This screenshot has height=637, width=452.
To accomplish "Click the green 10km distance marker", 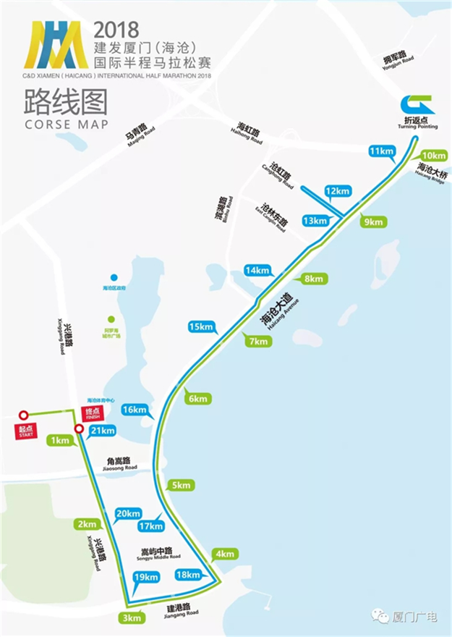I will click(x=433, y=156).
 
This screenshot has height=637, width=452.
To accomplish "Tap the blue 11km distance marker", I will click(x=381, y=151).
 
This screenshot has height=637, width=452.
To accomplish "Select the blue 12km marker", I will click(x=338, y=191).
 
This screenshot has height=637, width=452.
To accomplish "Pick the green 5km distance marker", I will click(x=180, y=485).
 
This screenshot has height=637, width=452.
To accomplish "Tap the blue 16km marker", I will click(x=136, y=410).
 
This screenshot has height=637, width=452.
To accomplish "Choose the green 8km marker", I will click(x=313, y=279).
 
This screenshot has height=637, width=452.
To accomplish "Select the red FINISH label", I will click(x=92, y=414).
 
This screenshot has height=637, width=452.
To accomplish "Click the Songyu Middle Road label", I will click(x=161, y=553).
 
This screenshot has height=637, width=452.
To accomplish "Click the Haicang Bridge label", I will click(x=432, y=174).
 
